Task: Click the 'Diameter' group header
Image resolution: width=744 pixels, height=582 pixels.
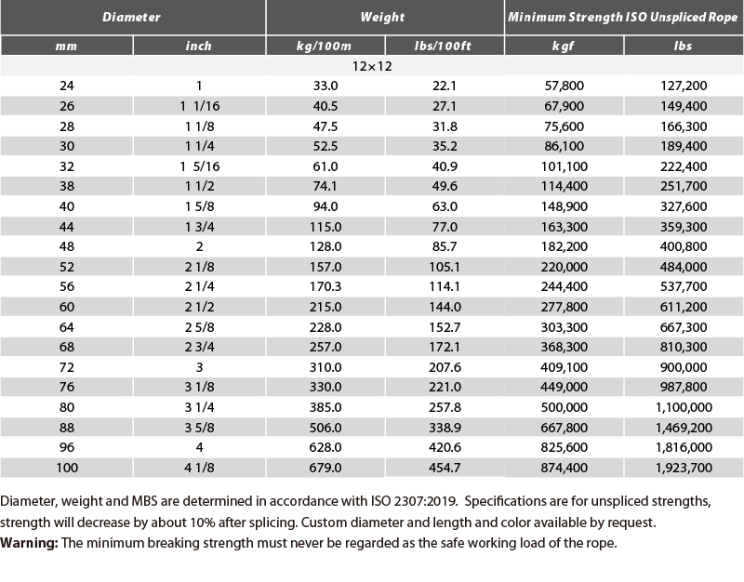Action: point(131,17)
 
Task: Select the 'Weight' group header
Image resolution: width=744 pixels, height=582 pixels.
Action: point(382,17)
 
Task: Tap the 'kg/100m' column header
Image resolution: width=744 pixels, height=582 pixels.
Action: point(324,46)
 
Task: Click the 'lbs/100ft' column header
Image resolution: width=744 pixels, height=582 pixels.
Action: point(443,46)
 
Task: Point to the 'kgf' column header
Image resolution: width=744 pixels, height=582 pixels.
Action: point(564,46)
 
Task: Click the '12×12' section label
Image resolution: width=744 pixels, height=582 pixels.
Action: point(372,66)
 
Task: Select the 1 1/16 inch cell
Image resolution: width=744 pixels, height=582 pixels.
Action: point(200,106)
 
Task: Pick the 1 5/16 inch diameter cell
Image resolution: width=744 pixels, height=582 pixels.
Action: point(200,166)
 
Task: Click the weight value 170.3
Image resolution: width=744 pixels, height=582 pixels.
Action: point(325,286)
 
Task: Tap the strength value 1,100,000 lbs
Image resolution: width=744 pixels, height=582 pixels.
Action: point(684,407)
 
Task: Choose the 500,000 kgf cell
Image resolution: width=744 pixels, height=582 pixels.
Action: point(565,407)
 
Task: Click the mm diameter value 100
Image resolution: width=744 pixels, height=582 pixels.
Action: point(67,468)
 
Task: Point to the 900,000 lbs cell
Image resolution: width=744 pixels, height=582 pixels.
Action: point(684,367)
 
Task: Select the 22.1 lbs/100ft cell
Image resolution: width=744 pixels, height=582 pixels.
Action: point(445,86)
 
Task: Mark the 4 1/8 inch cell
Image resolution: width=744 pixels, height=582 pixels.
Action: point(199,468)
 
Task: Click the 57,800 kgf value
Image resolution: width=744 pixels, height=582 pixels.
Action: point(565,86)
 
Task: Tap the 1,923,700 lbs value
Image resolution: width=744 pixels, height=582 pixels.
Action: point(684,468)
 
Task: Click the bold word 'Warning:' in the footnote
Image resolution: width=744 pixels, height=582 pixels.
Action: point(29,543)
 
